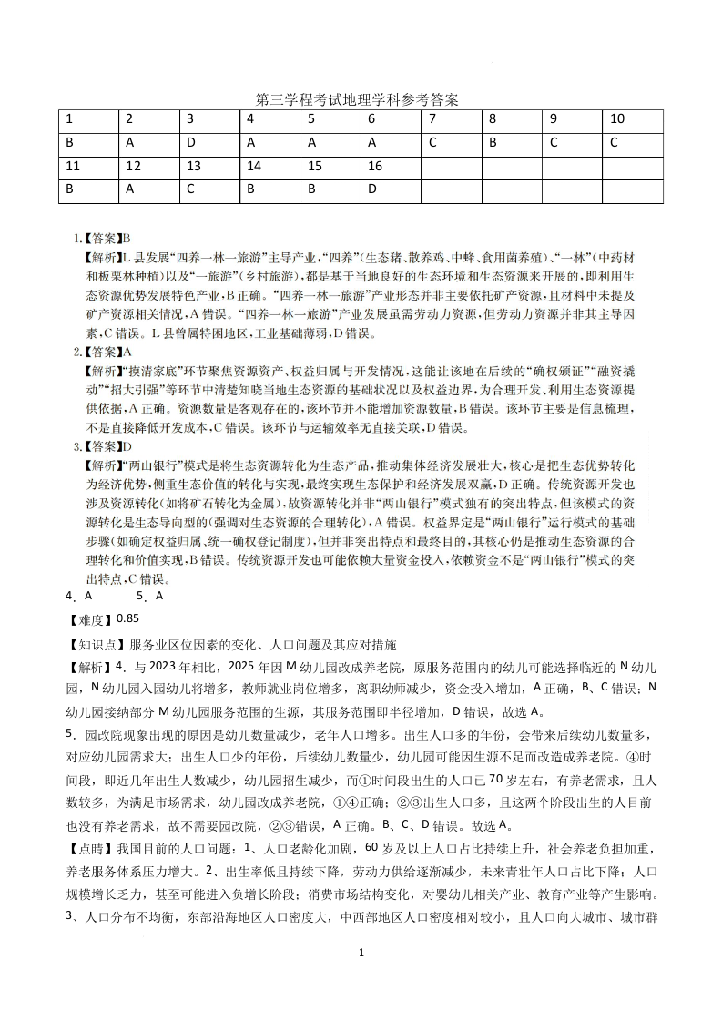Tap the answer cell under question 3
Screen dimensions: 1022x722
(209, 143)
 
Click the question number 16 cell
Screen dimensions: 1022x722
(391, 167)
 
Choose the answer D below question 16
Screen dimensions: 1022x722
(391, 190)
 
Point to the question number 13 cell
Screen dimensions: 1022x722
(209, 167)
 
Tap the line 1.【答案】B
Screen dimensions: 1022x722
(103, 239)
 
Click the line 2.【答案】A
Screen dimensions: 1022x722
(103, 351)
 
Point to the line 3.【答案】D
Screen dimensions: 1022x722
(103, 446)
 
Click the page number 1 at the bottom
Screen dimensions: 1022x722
(361, 952)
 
